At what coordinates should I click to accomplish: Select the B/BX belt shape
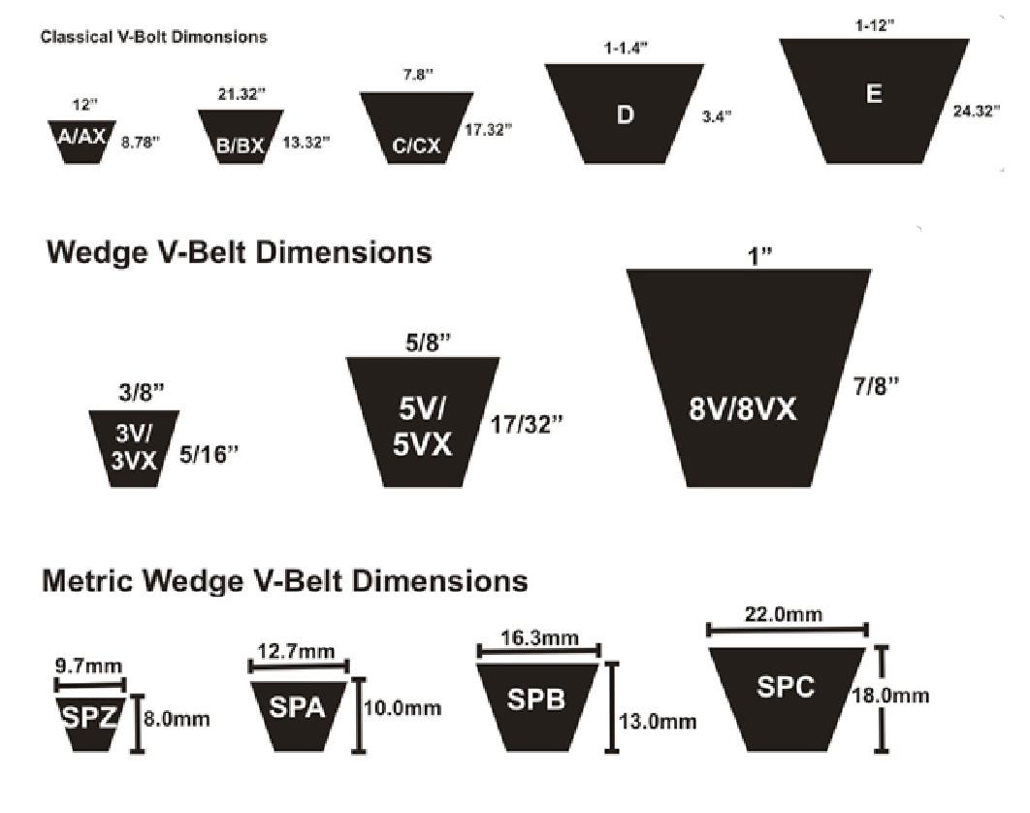240,137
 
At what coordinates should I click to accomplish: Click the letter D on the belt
626,114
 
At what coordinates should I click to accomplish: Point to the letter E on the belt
874,94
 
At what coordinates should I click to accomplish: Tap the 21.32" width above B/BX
241,93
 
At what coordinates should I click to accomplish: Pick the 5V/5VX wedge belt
422,421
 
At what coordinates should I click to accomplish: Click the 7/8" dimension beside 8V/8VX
877,385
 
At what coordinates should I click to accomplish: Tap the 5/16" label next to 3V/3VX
209,454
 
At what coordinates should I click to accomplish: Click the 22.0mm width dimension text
787,615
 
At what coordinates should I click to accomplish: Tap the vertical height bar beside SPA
361,715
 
